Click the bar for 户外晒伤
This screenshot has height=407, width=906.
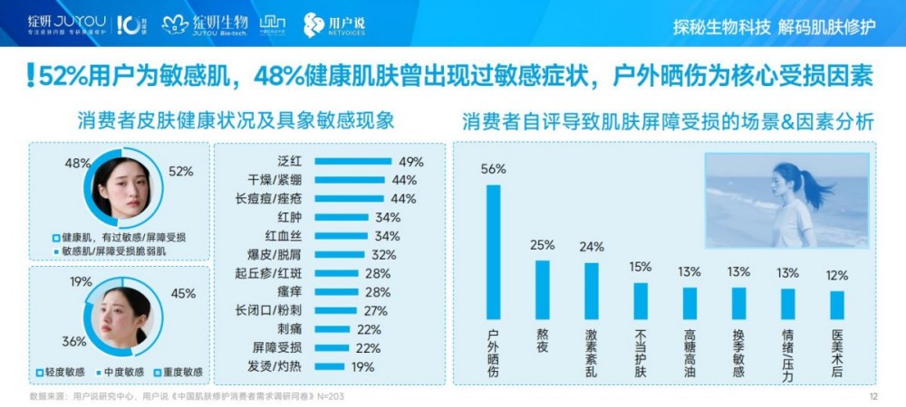click(493, 251)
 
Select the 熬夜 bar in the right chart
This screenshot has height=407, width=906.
click(542, 289)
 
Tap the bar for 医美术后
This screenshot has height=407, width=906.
click(836, 305)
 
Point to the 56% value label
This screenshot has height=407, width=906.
click(494, 169)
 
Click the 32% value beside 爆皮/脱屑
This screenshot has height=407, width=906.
click(383, 255)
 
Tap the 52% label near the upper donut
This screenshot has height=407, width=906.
click(181, 171)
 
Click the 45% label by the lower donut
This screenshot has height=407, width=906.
click(183, 293)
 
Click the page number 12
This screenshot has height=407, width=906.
click(873, 396)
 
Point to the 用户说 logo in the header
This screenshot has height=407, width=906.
click(333, 24)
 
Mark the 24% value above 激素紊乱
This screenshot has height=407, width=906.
click(592, 246)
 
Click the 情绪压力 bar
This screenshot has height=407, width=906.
click(787, 304)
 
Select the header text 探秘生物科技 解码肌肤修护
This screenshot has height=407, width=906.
click(775, 25)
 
